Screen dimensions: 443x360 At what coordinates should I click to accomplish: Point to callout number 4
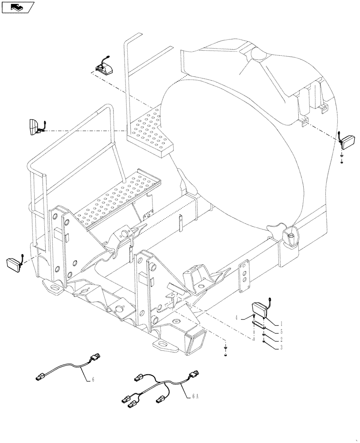pyautogui.click(x=237, y=317)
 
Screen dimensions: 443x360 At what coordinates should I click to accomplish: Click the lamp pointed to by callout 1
pyautogui.click(x=259, y=308)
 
